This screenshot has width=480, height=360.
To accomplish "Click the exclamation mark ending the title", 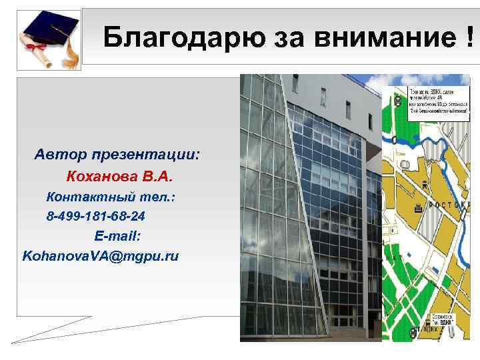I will coord(471,39).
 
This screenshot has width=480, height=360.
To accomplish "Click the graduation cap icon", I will coord(47,29).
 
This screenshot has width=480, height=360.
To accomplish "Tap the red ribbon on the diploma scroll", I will coord(40,51).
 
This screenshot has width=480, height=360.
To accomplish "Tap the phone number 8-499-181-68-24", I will coord(97,217).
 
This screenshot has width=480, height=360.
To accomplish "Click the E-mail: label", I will coord(117,236).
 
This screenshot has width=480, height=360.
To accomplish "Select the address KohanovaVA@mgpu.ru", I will coord(101,255).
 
